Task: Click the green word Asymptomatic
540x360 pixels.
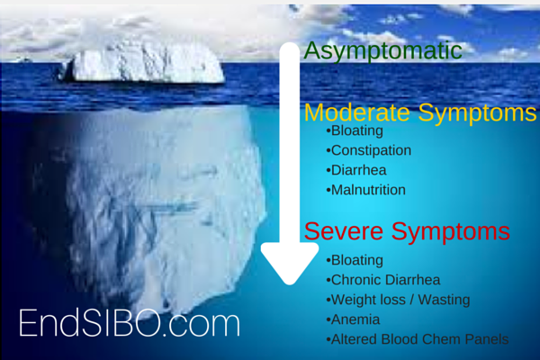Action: click(x=383, y=51)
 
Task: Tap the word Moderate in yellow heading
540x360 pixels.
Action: click(x=357, y=112)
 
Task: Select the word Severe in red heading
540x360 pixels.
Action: click(x=344, y=231)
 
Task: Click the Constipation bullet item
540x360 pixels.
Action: click(x=368, y=150)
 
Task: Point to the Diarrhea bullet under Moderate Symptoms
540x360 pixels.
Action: click(x=356, y=170)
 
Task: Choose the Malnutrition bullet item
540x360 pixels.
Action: click(x=365, y=190)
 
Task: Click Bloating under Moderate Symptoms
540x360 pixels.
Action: click(x=355, y=130)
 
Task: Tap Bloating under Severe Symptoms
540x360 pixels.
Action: click(x=355, y=260)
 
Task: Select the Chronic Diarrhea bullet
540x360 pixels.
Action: click(x=383, y=280)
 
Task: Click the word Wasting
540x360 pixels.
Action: click(x=444, y=300)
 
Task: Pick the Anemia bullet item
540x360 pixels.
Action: click(x=353, y=319)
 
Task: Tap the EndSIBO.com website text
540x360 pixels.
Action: click(x=130, y=323)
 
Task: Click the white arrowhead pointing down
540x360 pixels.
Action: click(x=290, y=264)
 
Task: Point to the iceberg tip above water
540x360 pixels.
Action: click(x=141, y=62)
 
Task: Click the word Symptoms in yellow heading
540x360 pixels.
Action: click(x=477, y=112)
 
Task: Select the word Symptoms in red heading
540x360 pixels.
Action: click(x=451, y=231)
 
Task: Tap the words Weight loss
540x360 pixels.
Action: click(x=368, y=300)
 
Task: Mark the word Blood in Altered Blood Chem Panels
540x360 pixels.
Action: click(x=401, y=339)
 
